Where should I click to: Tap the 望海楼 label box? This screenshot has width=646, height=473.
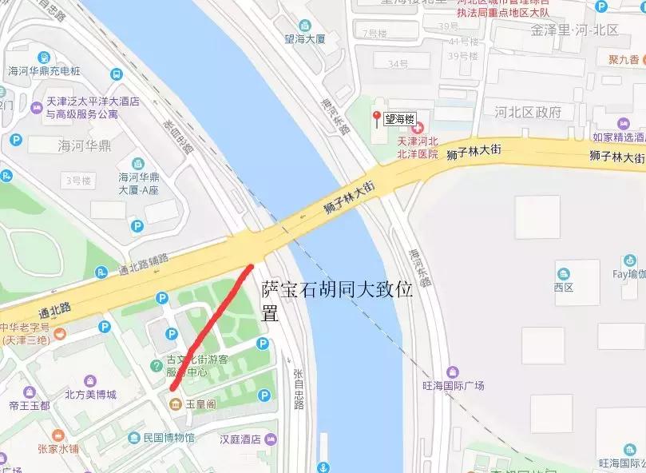(400, 120)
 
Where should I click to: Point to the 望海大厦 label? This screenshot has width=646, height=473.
(306, 37)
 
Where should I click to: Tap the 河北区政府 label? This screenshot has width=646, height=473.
(528, 112)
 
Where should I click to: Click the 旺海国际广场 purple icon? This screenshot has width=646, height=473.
(453, 372)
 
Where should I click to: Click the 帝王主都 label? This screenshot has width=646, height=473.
(30, 406)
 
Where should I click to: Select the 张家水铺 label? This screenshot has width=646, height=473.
(57, 448)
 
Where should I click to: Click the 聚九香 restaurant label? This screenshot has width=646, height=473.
(623, 60)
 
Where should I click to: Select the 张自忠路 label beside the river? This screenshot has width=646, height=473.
(298, 388)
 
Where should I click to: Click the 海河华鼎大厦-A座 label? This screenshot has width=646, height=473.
(141, 183)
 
